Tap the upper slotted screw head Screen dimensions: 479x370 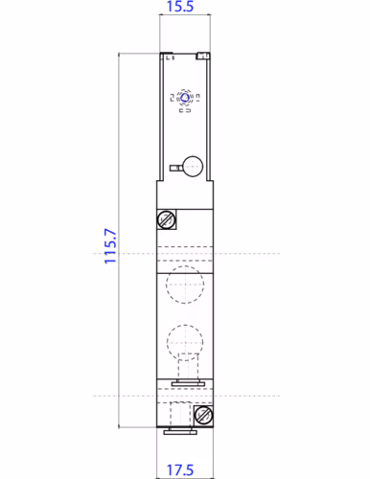click(166, 219)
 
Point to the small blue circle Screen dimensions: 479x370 click(185, 98)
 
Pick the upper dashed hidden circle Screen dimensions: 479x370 click(183, 284)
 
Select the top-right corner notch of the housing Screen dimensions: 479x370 click(203, 57)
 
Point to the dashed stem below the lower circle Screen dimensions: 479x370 click(185, 368)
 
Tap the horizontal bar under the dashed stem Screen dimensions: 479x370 click(184, 384)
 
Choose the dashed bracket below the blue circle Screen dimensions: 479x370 click(185, 111)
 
